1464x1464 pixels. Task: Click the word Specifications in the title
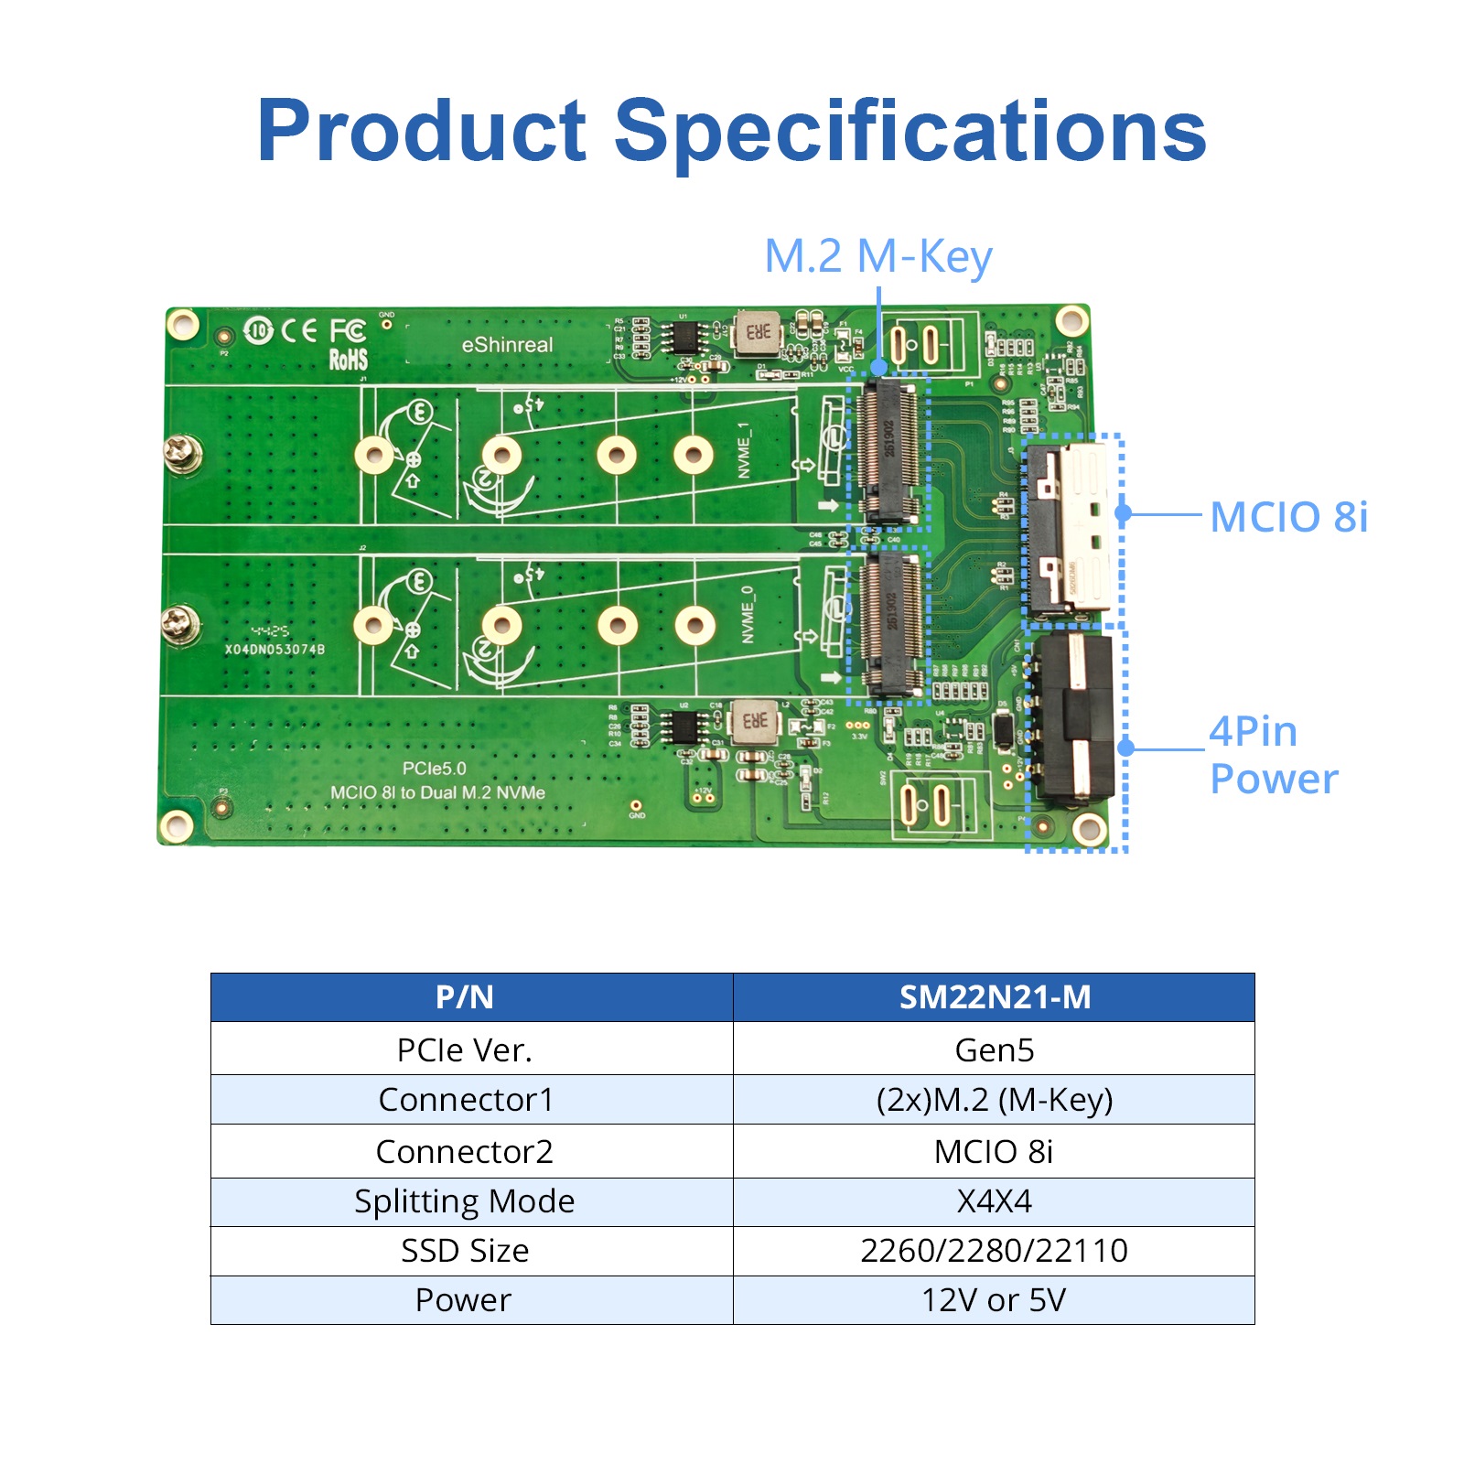coord(910,133)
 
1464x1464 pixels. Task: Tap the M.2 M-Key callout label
coord(877,257)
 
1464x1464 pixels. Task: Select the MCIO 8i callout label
coord(1287,517)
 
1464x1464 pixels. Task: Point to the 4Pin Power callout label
coord(1273,755)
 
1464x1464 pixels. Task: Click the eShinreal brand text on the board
coord(507,345)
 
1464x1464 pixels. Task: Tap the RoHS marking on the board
coord(348,360)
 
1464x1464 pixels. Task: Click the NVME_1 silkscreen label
coord(744,450)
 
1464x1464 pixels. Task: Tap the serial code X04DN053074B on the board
coord(274,650)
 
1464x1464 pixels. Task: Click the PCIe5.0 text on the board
coord(434,769)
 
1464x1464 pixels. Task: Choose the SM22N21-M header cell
coord(994,997)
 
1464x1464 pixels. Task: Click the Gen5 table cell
coord(994,1050)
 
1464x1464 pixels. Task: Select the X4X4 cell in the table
coord(994,1200)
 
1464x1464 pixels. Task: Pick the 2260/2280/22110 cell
coord(994,1250)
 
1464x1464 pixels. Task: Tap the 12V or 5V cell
coord(994,1299)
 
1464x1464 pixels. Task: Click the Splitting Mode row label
coord(465,1200)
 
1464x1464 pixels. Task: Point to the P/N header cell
coord(465,997)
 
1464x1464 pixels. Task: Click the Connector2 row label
coord(465,1151)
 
